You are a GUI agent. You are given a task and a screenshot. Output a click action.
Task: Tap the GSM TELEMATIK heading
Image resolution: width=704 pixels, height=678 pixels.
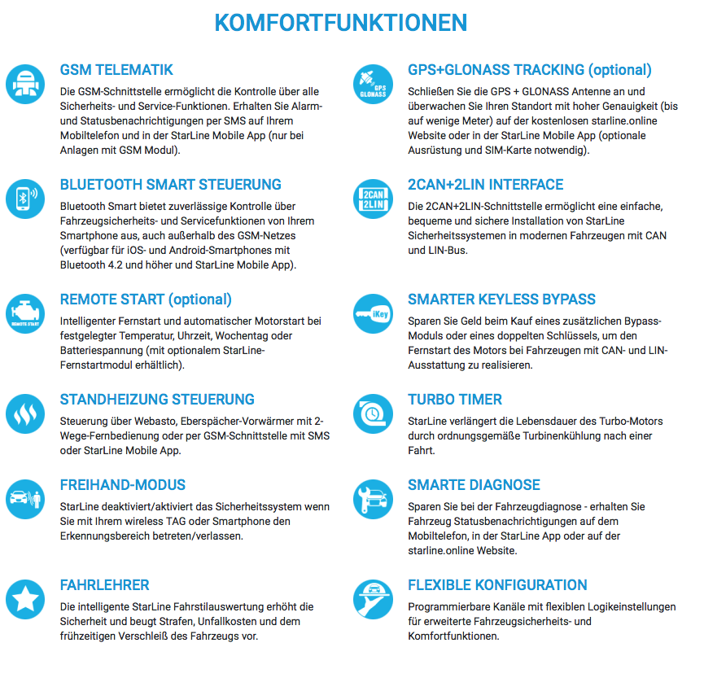(x=116, y=70)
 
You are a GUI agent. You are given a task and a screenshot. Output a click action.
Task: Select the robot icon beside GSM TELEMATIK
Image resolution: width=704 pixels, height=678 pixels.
(x=24, y=83)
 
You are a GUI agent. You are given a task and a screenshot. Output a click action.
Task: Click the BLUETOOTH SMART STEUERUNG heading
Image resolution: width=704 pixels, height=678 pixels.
(x=171, y=185)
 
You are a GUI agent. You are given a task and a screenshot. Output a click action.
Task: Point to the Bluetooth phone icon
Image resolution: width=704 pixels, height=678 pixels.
(x=24, y=198)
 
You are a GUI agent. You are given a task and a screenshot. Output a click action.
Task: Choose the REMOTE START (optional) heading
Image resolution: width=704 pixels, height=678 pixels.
(x=146, y=300)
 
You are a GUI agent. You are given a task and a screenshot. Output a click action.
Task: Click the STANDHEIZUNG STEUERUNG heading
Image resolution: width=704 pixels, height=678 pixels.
(x=157, y=400)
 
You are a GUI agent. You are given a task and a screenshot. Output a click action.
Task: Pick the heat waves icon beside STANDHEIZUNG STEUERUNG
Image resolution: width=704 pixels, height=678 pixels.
(x=24, y=413)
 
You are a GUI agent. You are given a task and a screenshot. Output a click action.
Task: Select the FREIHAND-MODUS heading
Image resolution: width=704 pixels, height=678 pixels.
(x=123, y=485)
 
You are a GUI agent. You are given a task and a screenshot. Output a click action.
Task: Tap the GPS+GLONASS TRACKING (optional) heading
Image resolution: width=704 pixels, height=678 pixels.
(x=530, y=70)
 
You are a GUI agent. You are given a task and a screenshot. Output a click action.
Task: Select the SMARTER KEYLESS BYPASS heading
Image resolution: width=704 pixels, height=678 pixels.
(x=501, y=300)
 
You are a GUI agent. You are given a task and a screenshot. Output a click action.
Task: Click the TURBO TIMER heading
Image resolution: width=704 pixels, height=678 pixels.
(x=455, y=400)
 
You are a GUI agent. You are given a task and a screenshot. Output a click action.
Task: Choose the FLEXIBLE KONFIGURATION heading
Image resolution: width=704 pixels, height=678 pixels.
(x=497, y=585)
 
